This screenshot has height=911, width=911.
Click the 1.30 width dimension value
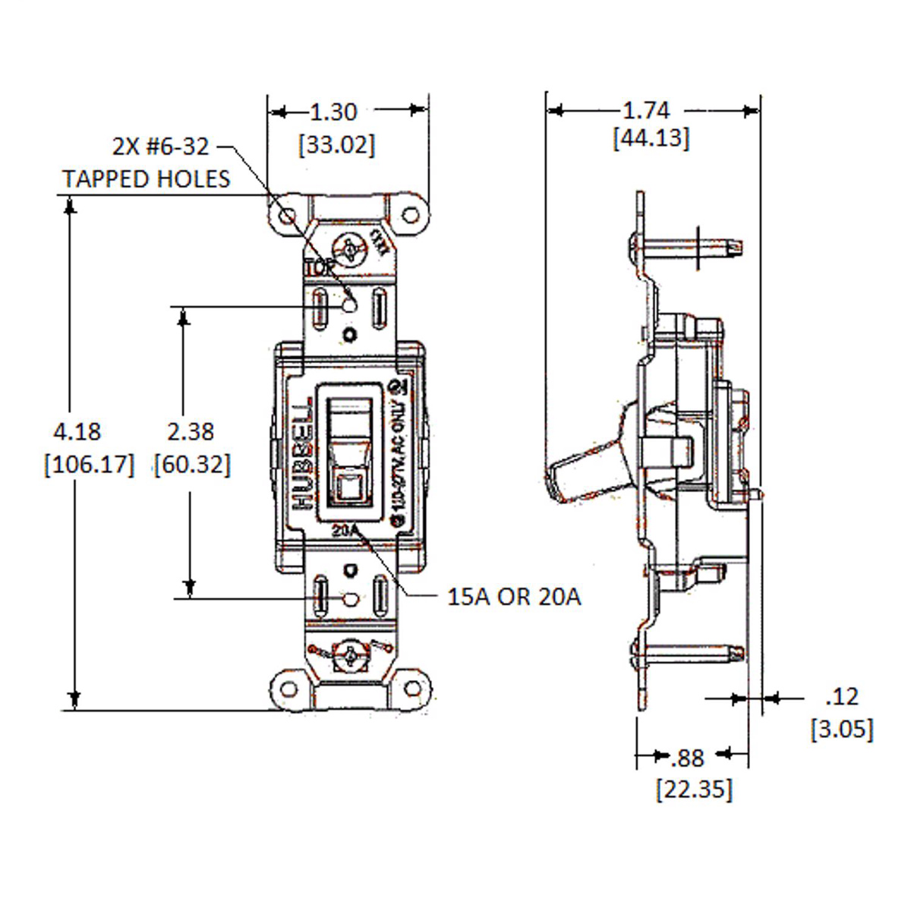coord(333,112)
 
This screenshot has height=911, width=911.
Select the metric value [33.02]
coord(336,144)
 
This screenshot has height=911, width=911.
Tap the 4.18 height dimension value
coord(77,431)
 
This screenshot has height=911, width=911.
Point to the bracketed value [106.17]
coord(89,464)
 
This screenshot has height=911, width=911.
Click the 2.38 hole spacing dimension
coord(191,431)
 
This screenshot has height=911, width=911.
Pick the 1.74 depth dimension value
coord(646,111)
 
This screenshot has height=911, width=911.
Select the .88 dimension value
coord(688,757)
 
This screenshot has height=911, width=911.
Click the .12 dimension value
coord(841,696)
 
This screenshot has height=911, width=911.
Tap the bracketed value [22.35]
coord(694,789)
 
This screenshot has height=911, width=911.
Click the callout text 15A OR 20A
coord(514,597)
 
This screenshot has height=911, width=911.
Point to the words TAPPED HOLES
coord(146,179)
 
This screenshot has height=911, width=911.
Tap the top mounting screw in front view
coord(351,248)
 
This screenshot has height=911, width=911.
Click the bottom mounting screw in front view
coord(351,655)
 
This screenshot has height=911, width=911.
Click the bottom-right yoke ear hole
coord(411,689)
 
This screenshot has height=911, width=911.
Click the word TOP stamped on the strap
coord(319,268)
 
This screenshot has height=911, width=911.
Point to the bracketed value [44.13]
coord(651,139)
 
